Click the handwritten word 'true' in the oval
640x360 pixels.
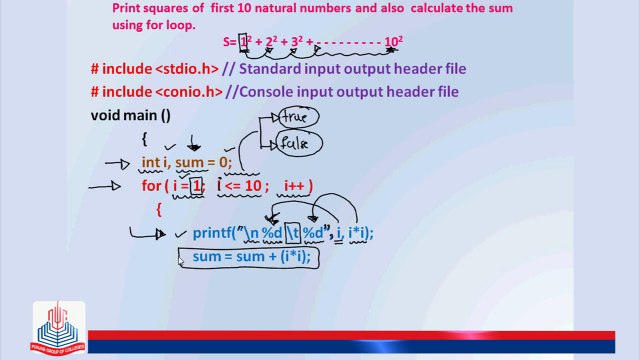(295, 117)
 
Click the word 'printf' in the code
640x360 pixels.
(213, 234)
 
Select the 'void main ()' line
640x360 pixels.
(130, 115)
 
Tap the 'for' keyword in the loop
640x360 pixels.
(151, 185)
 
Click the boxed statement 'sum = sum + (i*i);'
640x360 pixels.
(251, 258)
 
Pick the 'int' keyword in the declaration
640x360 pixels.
(151, 162)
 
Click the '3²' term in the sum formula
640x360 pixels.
(298, 42)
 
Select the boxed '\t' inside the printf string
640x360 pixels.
(294, 234)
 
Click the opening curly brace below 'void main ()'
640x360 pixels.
(144, 139)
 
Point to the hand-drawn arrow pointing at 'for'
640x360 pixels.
(104, 185)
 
